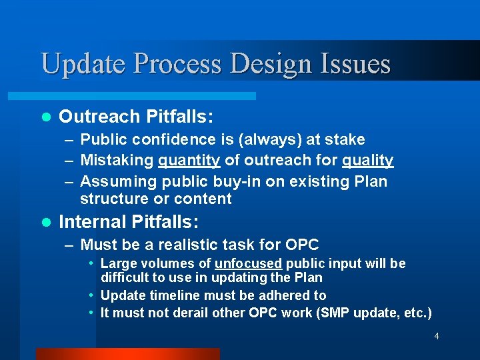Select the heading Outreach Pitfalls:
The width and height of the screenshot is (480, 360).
[x=136, y=117]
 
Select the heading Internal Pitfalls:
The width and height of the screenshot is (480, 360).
[x=130, y=221]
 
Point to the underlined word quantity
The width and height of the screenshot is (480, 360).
[x=189, y=161]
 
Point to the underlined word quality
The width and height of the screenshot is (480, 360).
[x=367, y=161]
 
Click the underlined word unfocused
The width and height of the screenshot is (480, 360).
[x=249, y=263]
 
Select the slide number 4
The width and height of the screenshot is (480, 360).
[x=437, y=336]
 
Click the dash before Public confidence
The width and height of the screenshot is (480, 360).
[x=69, y=140]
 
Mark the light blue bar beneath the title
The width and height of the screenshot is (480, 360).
[x=147, y=96]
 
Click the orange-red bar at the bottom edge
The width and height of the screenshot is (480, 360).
[x=127, y=354]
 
